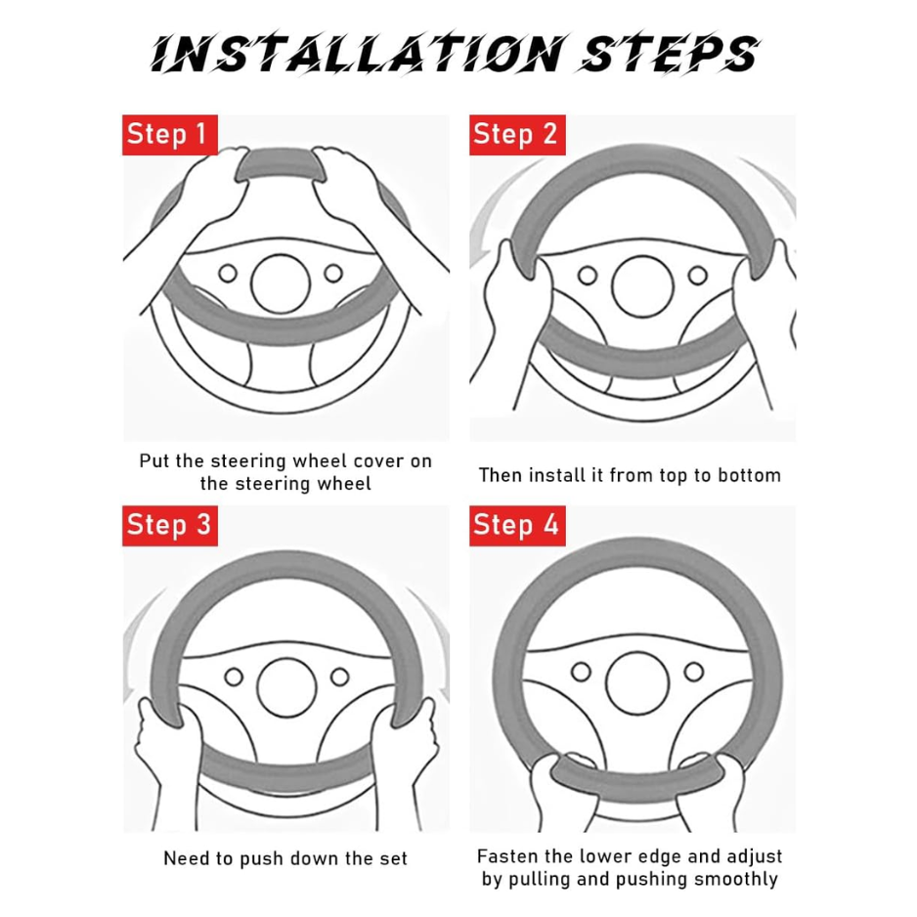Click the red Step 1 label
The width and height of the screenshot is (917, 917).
click(x=169, y=135)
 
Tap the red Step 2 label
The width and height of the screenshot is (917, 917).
click(x=517, y=135)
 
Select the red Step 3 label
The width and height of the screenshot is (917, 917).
click(x=169, y=525)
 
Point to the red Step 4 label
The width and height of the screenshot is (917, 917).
click(x=517, y=525)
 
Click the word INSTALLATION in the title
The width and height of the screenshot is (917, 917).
click(x=358, y=54)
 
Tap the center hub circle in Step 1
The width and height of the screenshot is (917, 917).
click(x=281, y=284)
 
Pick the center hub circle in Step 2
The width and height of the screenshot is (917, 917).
click(x=642, y=286)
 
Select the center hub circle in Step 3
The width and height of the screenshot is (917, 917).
click(x=286, y=687)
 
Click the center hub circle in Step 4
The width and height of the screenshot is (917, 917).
click(x=637, y=682)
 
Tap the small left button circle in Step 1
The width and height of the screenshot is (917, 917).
click(x=228, y=273)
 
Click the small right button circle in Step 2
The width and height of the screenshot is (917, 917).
click(x=698, y=275)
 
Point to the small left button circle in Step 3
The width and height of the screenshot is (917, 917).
click(x=234, y=677)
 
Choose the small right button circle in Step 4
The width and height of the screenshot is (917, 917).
click(x=694, y=672)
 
